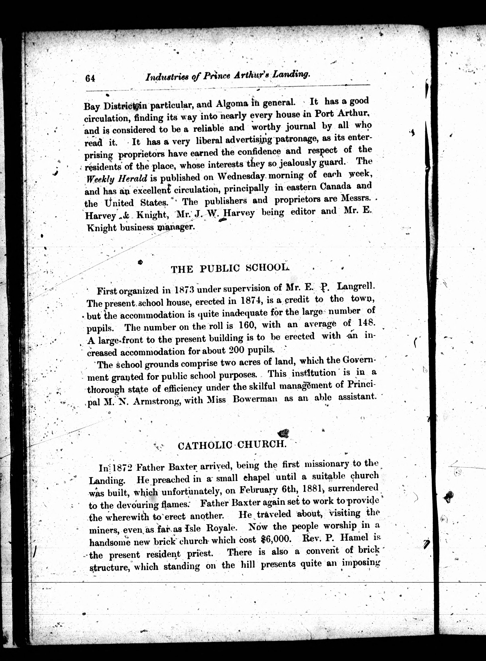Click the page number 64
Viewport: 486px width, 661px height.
(90, 78)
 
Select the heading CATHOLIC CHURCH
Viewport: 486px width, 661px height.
(232, 445)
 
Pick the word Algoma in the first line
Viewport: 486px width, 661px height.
(232, 104)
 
